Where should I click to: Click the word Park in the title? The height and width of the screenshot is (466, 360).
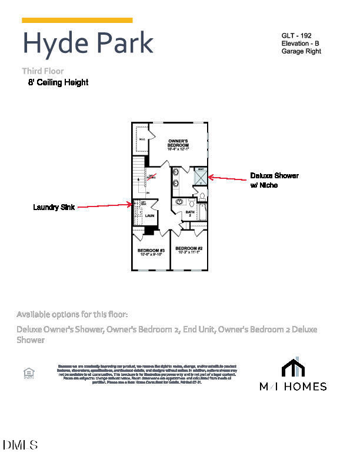[121, 43]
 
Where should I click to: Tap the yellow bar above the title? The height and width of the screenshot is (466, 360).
[77, 20]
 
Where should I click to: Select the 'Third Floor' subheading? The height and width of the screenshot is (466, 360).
[43, 71]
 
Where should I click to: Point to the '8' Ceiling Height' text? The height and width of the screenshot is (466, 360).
[58, 83]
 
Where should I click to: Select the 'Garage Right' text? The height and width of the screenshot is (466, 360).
[301, 51]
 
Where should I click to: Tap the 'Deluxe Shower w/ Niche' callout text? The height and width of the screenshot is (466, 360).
[274, 180]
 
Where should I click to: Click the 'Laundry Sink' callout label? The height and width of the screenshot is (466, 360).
[54, 207]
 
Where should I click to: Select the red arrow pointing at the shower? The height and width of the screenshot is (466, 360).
[229, 178]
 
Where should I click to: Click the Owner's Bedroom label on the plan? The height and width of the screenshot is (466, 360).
[178, 144]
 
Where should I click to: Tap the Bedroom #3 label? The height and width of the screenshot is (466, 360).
[151, 252]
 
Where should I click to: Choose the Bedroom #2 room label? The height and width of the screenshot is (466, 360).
[189, 249]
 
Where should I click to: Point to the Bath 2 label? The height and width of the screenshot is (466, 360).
[189, 213]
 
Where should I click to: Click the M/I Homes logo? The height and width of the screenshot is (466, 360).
[293, 374]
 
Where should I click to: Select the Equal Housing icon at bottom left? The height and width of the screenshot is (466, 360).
[28, 373]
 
